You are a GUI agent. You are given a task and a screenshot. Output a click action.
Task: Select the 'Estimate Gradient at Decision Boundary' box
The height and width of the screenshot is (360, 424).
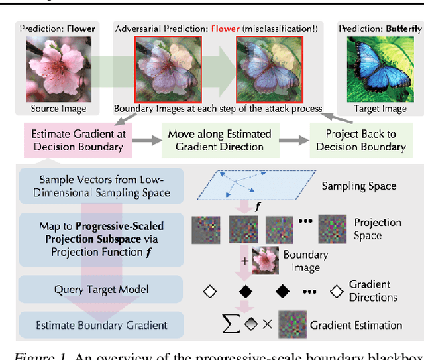coord(74,141)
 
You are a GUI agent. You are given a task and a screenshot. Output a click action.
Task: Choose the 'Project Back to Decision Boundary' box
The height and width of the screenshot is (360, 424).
coord(360,141)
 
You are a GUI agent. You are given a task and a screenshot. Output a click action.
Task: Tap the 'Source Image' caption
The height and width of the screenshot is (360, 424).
coord(58,108)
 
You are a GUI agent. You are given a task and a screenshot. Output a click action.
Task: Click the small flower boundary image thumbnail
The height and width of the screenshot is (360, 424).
coord(264,261)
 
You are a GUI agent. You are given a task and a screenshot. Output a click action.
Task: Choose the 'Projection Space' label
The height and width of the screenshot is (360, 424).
coord(377,229)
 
